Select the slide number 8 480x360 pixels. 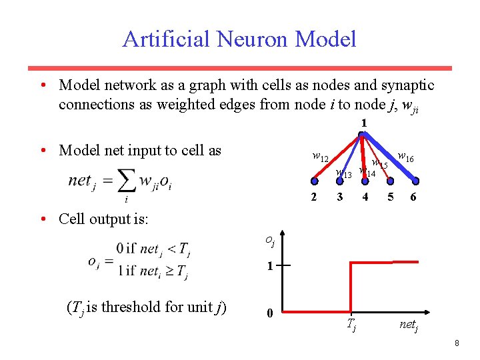(457, 343)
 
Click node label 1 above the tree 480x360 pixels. (363, 123)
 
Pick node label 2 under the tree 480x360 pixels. (314, 197)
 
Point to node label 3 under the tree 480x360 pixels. (340, 197)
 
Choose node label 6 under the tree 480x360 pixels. (414, 197)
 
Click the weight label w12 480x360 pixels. (320, 157)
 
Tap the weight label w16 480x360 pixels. (405, 157)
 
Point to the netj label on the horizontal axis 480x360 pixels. (409, 325)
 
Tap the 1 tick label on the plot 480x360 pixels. (269, 266)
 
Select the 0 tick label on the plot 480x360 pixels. (269, 313)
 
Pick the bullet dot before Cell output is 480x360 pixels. (42, 219)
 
